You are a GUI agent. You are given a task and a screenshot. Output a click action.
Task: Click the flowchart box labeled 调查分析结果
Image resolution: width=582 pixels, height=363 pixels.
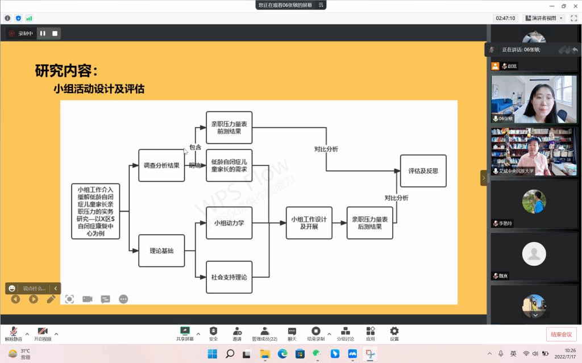click(x=161, y=165)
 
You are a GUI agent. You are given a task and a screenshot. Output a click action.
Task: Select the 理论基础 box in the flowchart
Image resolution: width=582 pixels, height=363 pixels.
click(x=161, y=251)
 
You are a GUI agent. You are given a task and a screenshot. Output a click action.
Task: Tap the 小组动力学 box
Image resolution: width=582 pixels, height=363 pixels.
click(x=229, y=223)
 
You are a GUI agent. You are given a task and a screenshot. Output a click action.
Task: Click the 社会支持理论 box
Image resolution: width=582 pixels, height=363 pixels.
click(x=229, y=277)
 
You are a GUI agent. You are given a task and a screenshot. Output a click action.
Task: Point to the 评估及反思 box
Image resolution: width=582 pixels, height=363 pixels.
click(x=423, y=171)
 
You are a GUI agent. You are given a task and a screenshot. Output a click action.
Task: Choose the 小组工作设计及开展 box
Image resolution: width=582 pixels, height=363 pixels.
click(x=309, y=223)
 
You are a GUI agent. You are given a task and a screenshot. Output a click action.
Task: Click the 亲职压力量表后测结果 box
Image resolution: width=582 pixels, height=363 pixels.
click(x=370, y=223)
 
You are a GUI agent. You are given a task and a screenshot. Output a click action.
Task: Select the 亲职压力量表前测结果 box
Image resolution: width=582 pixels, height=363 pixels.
click(x=229, y=127)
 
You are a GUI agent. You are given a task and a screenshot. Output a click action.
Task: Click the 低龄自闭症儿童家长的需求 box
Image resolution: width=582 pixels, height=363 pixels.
click(x=229, y=165)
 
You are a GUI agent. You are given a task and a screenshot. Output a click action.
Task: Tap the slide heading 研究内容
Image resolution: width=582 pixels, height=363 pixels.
click(x=66, y=72)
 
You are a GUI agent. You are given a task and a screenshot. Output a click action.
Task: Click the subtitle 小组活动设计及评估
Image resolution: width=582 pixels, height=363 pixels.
click(x=99, y=89)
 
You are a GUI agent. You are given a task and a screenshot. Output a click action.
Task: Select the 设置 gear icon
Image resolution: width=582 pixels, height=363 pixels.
click(x=394, y=331)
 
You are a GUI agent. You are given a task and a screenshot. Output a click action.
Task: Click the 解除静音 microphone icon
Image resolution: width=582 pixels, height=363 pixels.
click(x=13, y=331)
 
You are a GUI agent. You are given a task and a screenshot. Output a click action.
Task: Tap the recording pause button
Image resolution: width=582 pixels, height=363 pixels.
click(x=43, y=34)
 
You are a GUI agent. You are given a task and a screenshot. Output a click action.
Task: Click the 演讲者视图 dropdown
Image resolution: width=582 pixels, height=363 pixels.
click(x=544, y=18)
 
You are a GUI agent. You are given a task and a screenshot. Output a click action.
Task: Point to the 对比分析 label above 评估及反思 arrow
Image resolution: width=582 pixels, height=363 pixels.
click(x=396, y=198)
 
